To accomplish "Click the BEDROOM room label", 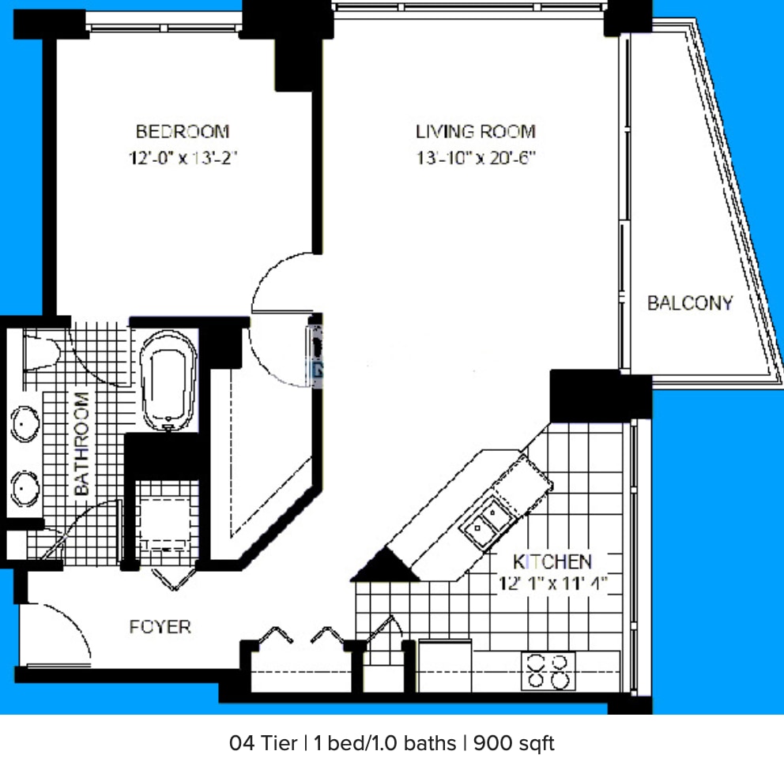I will click(183, 131).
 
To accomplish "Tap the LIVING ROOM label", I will click(476, 131).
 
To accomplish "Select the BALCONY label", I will click(689, 302).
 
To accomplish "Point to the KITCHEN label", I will click(552, 561).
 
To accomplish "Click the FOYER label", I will click(160, 627).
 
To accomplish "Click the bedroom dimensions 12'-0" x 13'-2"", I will click(183, 158).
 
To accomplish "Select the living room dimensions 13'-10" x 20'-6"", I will click(476, 158).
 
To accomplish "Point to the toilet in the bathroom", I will click(40, 353).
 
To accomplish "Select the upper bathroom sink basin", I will click(25, 424).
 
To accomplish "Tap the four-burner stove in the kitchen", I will click(549, 670).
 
